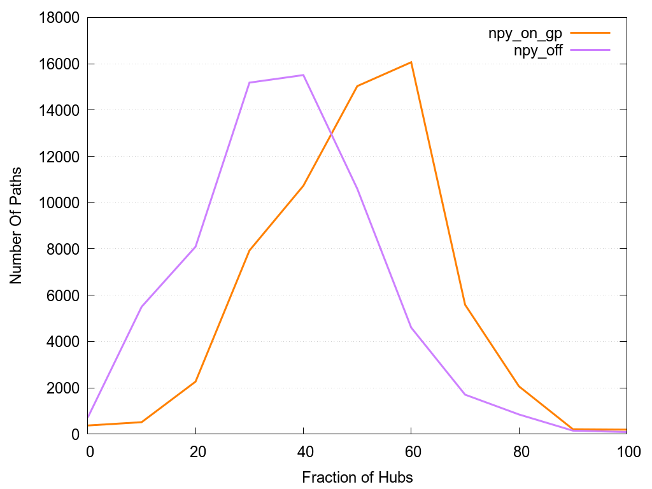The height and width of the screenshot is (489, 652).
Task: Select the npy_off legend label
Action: [x=538, y=51]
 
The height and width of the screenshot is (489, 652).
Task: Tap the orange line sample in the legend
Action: [x=590, y=32]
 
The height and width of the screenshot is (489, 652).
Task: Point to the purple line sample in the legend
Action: [x=590, y=49]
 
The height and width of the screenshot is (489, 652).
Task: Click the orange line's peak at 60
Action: [x=411, y=62]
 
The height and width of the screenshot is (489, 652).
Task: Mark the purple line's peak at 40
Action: [x=303, y=75]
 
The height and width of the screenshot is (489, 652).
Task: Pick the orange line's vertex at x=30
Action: [x=250, y=250]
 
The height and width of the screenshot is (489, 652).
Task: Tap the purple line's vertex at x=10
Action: [x=141, y=307]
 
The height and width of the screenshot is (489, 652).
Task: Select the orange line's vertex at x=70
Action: [x=465, y=304]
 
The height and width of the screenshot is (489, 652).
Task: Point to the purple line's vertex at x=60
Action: [x=411, y=327]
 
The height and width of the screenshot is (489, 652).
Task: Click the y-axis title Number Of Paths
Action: [x=16, y=225]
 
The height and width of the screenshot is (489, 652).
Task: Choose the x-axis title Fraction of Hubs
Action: [x=357, y=477]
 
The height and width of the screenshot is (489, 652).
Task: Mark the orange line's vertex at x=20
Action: [x=195, y=381]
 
